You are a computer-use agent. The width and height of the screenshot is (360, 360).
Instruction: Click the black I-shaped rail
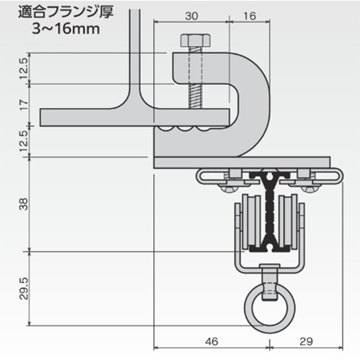[x=271, y=209]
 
